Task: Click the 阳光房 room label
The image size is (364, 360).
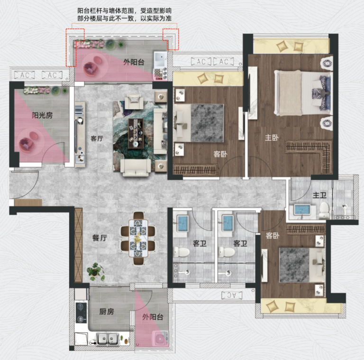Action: pos(42,115)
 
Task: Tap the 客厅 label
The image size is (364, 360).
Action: pos(97,138)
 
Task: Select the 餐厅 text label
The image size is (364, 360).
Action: pos(100,238)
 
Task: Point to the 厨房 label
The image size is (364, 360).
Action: pos(107,312)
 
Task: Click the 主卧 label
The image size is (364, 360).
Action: pos(272,138)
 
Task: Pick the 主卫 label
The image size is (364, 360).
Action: pos(319,195)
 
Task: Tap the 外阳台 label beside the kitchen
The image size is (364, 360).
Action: pos(153,317)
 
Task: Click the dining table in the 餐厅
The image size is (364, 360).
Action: pos(138,238)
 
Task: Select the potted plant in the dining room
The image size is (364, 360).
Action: pos(95,271)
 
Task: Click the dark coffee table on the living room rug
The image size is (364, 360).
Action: pos(136,133)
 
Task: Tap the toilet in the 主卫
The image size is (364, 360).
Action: pos(324,210)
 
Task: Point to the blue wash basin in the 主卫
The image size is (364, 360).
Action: pos(302,210)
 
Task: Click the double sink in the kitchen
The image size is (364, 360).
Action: pos(107,339)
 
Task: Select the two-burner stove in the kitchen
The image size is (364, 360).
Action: pos(81,313)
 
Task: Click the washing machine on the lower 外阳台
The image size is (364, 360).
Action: pos(160,338)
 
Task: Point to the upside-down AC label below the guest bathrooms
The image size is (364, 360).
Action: pos(232,295)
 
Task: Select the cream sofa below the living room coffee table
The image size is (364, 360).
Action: pos(136,167)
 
